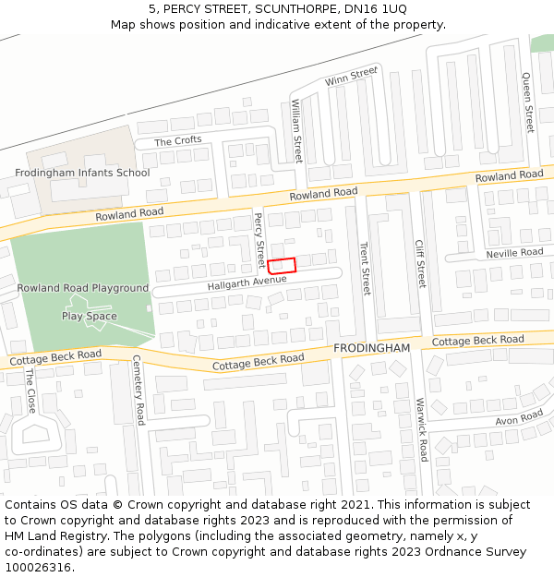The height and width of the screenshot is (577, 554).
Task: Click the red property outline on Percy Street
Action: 282,265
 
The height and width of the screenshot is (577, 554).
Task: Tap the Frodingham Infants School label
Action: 82,173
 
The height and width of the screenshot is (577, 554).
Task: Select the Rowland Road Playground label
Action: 82,288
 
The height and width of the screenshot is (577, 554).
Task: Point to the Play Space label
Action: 90,316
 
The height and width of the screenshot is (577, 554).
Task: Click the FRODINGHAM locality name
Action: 371,347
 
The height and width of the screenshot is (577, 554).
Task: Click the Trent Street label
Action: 365,269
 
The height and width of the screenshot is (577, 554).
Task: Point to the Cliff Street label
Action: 420,263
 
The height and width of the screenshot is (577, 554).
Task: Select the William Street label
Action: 296,131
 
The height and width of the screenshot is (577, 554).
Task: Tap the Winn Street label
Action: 351,77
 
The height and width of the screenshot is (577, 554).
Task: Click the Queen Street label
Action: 527,102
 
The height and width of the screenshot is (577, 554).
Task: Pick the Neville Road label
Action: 515,253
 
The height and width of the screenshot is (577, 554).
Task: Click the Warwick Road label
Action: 421,429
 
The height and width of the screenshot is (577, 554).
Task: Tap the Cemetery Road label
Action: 138,390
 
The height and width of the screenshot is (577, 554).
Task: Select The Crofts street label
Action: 177,141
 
